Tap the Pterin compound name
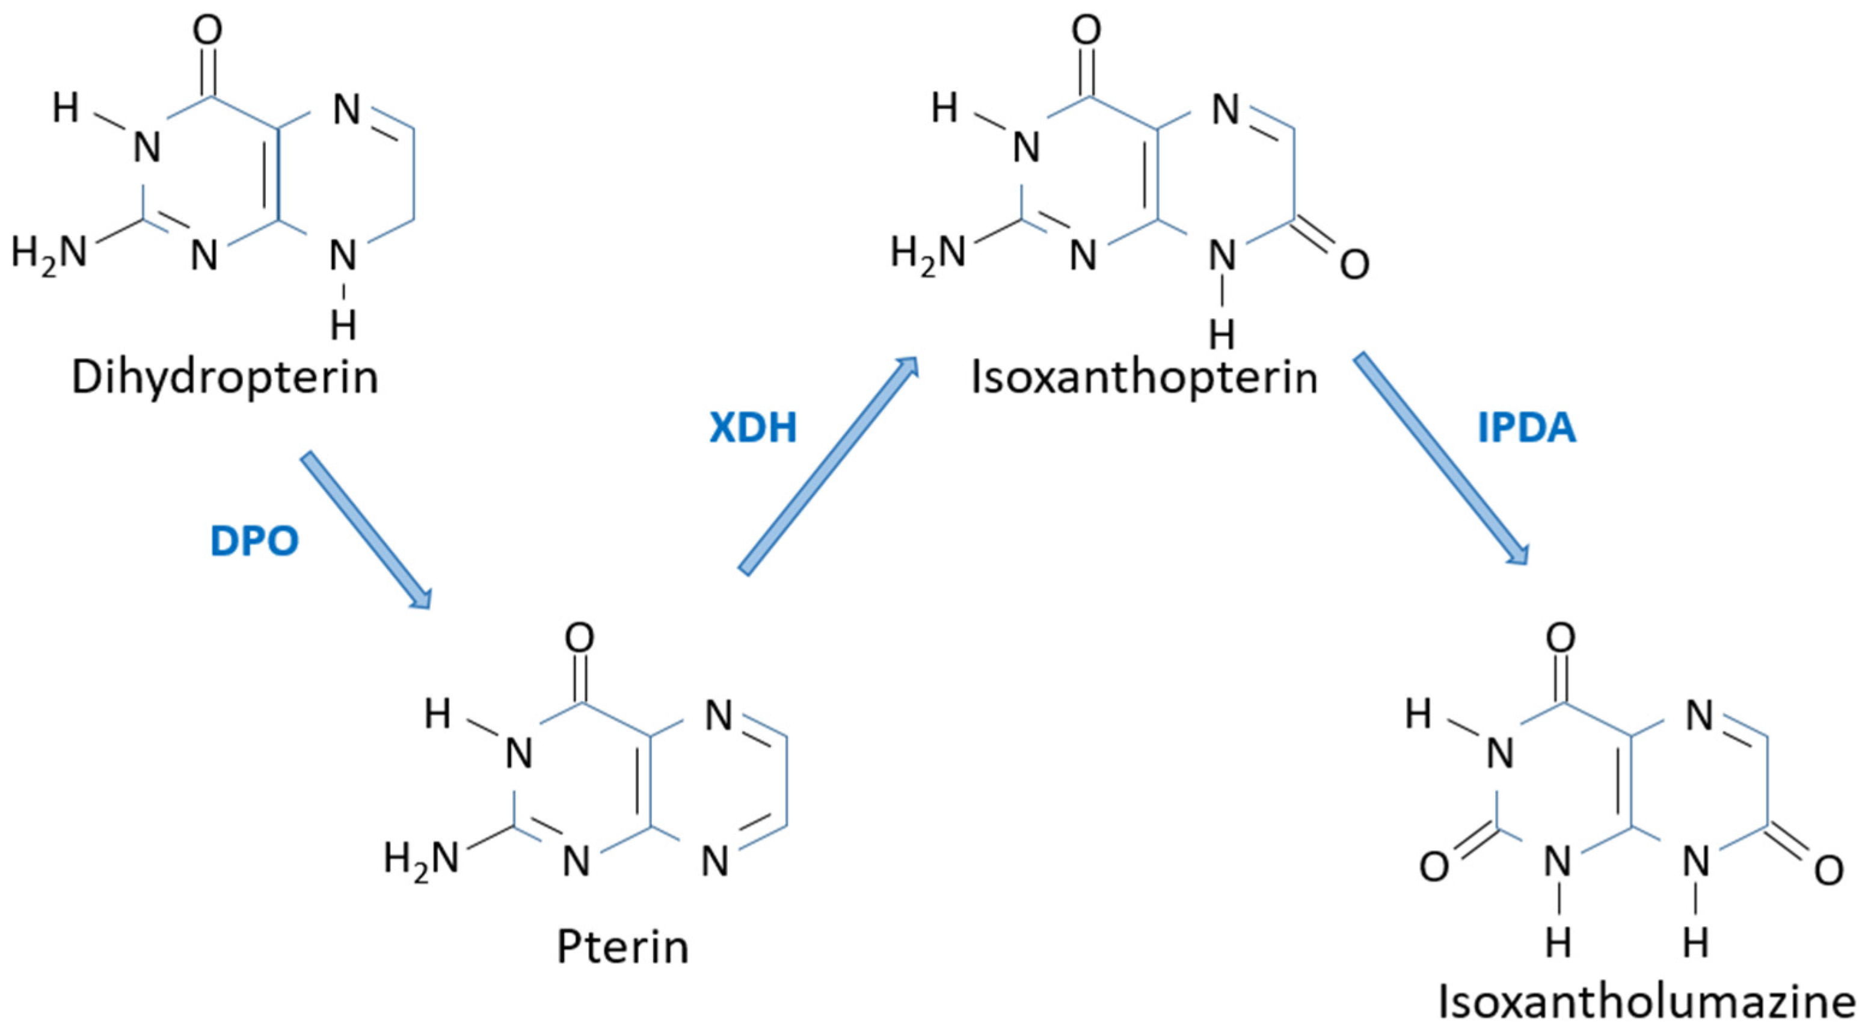pos(622,947)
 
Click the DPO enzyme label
pos(254,542)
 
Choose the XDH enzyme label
pos(753,428)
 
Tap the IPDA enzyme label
pos(1526,428)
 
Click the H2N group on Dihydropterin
pos(49,253)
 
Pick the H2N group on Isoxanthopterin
pos(928,253)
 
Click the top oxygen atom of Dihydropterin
pos(207,31)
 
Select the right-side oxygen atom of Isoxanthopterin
pos(1354,265)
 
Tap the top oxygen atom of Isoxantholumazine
pos(1561,638)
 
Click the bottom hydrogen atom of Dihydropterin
pos(344,326)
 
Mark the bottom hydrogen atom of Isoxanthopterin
pos(1223,335)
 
